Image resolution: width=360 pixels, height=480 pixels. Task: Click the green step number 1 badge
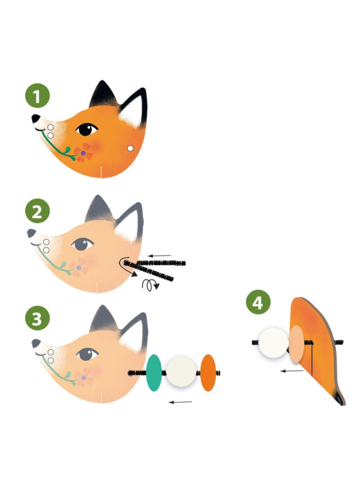tap(37, 95)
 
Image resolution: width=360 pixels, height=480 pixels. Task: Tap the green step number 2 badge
tap(37, 211)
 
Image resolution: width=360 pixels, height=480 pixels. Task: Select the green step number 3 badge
tap(37, 318)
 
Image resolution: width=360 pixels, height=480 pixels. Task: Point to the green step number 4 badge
tap(258, 302)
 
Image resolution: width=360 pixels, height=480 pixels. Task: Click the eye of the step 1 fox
tap(86, 130)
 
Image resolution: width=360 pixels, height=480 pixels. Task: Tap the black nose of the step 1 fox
tap(35, 118)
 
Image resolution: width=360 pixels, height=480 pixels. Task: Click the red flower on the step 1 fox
tap(83, 153)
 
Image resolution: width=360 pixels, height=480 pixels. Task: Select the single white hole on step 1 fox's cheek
tap(130, 148)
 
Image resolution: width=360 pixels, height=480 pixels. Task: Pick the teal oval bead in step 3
tap(154, 373)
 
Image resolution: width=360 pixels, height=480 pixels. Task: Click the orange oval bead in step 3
tap(208, 373)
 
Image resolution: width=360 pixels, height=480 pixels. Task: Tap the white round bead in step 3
tap(181, 371)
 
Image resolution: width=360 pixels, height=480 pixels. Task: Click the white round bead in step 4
tap(274, 343)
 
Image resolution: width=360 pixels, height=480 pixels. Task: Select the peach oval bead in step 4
tap(296, 344)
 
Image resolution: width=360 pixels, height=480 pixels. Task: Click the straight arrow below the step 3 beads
tap(181, 402)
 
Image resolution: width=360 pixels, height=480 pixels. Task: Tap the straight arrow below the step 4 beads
tap(292, 371)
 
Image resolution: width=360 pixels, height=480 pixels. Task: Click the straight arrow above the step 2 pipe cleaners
tap(159, 256)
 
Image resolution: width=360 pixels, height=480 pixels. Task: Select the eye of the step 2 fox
tap(82, 244)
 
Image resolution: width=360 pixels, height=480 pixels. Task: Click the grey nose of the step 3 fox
tap(36, 343)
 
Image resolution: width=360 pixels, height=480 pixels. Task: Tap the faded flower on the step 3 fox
tap(83, 377)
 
